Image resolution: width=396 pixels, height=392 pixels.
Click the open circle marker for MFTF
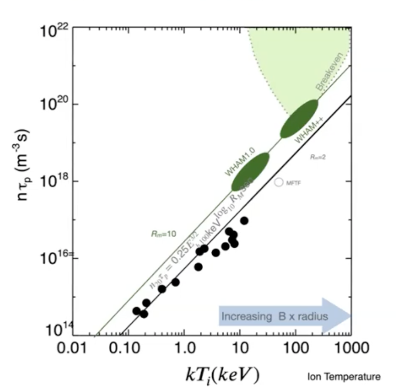click(278, 183)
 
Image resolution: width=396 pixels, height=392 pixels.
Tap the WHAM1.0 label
click(240, 162)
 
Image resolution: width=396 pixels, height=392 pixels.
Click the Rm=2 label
click(318, 157)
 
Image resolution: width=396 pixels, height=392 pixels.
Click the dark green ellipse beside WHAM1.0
click(250, 172)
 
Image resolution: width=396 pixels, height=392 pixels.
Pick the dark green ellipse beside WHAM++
click(299, 119)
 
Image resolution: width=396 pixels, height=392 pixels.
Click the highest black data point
click(244, 220)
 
